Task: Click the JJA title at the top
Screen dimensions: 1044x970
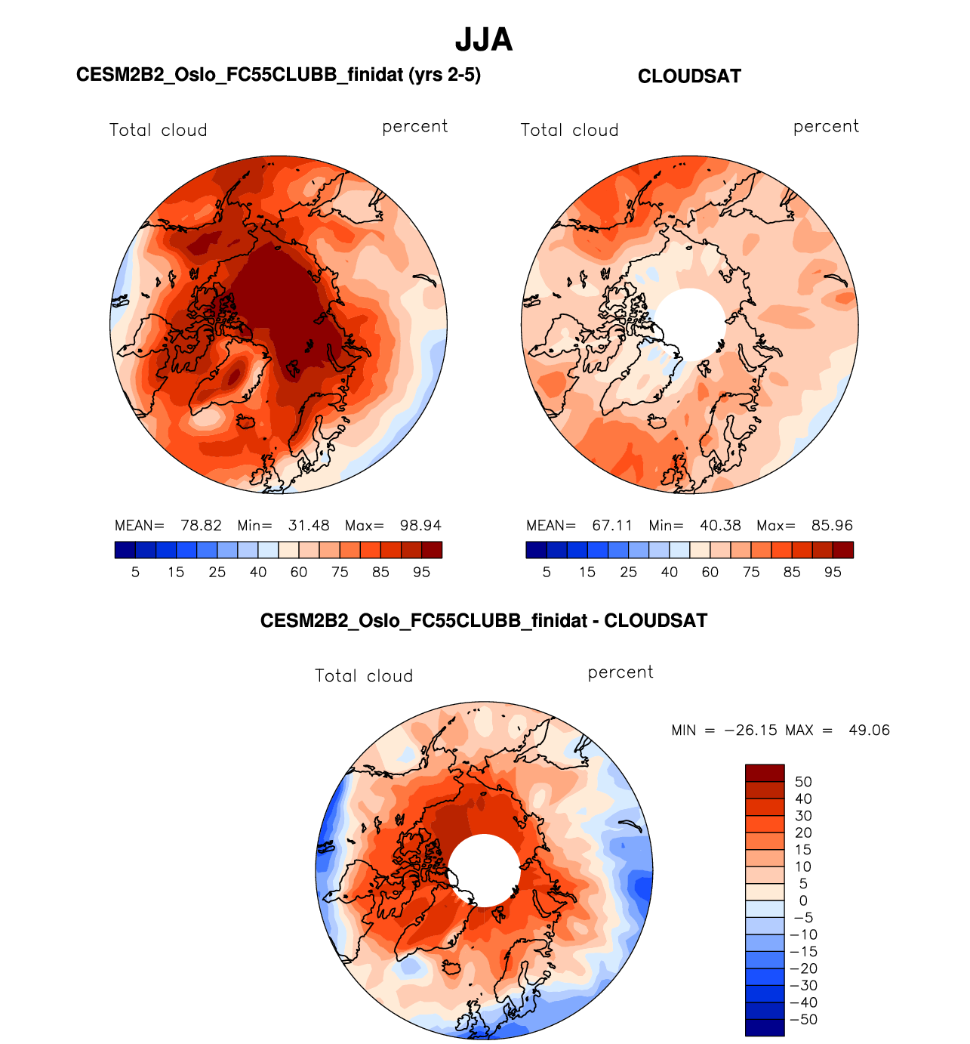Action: pyautogui.click(x=484, y=40)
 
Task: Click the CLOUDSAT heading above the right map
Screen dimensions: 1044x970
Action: pyautogui.click(x=689, y=76)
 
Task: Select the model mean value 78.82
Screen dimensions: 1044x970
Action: pyautogui.click(x=201, y=526)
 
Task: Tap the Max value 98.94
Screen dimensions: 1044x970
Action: pyautogui.click(x=420, y=526)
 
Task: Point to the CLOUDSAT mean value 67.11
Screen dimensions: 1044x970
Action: pyautogui.click(x=612, y=526)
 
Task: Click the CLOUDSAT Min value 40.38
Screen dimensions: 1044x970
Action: pyautogui.click(x=720, y=526)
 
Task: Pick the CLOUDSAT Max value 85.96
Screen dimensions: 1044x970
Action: pyautogui.click(x=832, y=526)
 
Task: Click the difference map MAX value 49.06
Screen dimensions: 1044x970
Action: pyautogui.click(x=869, y=730)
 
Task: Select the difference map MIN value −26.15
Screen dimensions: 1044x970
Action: pyautogui.click(x=751, y=730)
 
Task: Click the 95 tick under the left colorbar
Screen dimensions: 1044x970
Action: pyautogui.click(x=421, y=573)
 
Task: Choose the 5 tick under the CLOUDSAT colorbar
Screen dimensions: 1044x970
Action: pyautogui.click(x=547, y=573)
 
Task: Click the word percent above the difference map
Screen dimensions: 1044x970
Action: pyautogui.click(x=620, y=672)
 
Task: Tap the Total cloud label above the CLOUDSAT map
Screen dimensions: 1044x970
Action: pyautogui.click(x=569, y=130)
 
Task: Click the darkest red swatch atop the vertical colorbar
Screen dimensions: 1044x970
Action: pyautogui.click(x=765, y=773)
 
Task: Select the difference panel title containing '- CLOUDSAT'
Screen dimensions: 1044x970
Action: pyautogui.click(x=484, y=621)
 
